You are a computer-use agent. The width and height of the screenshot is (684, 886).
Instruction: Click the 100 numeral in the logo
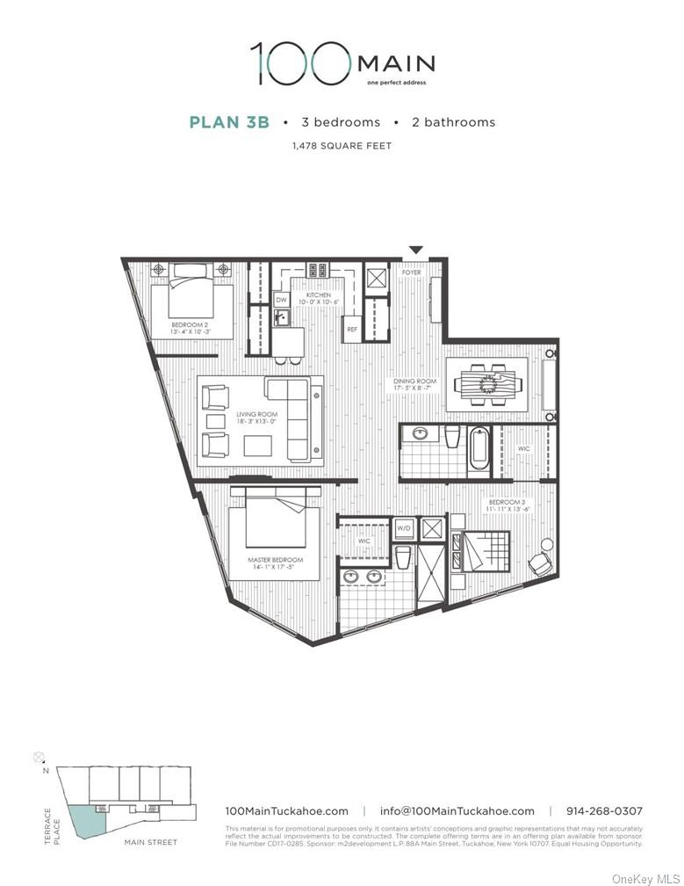coord(299,63)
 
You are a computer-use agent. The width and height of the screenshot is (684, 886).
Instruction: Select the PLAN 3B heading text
coord(228,122)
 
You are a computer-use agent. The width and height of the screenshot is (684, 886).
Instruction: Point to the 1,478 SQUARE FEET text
coord(342,146)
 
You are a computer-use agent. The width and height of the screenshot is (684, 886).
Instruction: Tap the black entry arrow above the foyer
coord(416,251)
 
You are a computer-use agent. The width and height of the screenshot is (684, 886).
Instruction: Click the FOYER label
coord(411,272)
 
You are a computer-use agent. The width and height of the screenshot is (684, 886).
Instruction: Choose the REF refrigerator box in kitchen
coord(352,329)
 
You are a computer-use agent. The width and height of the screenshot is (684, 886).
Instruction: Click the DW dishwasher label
coord(281,300)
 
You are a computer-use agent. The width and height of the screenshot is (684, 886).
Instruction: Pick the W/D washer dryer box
coord(404,528)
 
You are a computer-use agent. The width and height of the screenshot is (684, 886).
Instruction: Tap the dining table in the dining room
coord(488,385)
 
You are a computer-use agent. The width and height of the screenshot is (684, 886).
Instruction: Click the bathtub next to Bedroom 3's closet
coord(479,450)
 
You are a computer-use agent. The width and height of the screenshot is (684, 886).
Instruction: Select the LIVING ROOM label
coord(256,414)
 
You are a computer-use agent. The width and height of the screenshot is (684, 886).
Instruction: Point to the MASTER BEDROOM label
coord(275,560)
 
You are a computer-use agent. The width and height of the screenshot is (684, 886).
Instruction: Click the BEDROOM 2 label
coord(191,323)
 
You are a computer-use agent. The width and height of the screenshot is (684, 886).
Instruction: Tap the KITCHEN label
coord(318,295)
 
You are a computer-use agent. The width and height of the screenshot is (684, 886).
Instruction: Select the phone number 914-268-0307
coord(604,811)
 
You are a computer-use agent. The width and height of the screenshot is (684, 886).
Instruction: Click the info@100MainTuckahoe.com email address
coord(457,811)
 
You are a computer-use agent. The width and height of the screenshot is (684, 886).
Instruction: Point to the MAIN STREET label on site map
coord(150,842)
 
